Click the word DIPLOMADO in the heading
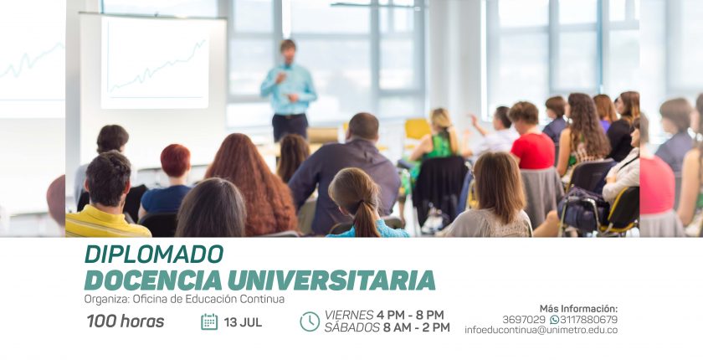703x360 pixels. click(154, 255)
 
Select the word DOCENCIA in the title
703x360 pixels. click(153, 280)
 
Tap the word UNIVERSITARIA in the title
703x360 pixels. click(331, 280)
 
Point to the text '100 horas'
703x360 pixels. click(126, 321)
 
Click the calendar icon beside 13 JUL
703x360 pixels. click(209, 321)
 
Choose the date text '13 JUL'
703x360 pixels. click(243, 322)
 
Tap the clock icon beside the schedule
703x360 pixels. click(310, 321)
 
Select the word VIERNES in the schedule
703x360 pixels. click(349, 315)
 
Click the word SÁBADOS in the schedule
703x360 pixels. click(352, 327)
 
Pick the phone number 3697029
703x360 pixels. click(524, 320)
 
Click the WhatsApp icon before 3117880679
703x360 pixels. click(554, 320)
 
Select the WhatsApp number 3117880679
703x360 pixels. click(588, 320)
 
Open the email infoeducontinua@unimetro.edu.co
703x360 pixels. click(541, 330)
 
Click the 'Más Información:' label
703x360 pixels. click(578, 308)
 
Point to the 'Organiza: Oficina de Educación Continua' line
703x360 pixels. click(184, 299)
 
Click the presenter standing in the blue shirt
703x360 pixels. click(289, 90)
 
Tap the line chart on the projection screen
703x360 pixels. click(157, 67)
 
